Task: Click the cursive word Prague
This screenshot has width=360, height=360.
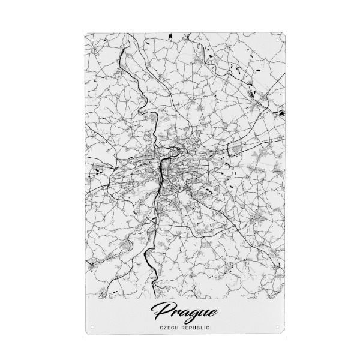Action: tap(185, 312)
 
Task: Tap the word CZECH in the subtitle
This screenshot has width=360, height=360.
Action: tap(169, 328)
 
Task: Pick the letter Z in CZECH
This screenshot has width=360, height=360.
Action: tap(164, 328)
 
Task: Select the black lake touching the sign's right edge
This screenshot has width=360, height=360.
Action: tap(281, 112)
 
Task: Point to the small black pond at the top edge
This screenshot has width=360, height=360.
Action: tap(170, 37)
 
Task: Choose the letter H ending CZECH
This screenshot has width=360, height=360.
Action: tap(178, 328)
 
